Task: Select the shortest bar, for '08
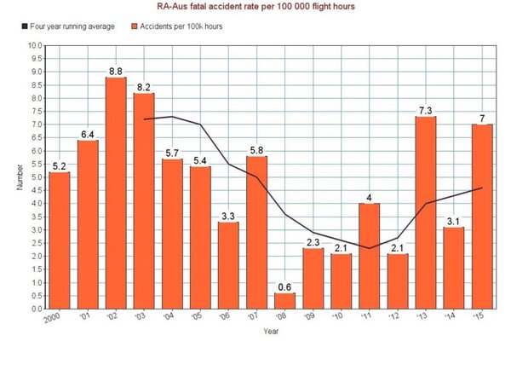[x=284, y=300]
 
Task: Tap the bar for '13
[x=425, y=212]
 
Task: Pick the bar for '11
[x=369, y=256]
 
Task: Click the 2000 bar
[x=60, y=240]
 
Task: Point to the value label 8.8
[x=116, y=71]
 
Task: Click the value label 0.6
[x=284, y=286]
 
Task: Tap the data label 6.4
[x=88, y=134]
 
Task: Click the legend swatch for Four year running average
[x=23, y=26]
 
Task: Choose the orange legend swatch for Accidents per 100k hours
[x=132, y=26]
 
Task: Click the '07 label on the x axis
[x=255, y=318]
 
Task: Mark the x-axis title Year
[x=271, y=331]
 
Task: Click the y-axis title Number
[x=19, y=176]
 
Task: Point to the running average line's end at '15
[x=482, y=188]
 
